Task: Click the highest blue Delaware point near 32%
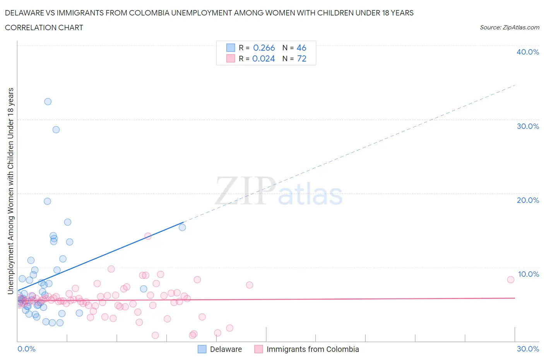48,102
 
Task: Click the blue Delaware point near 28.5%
56,130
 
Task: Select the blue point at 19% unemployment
48,201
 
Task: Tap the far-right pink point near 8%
511,279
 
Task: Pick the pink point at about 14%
148,236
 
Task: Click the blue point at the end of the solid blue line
182,227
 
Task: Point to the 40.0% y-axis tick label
528,52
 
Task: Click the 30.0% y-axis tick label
528,126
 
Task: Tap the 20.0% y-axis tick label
528,200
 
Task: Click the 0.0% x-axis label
26,349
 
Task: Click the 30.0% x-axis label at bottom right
528,349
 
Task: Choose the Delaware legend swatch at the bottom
202,349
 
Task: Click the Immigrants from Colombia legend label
313,349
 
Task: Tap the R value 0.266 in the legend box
264,48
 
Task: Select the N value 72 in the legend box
301,59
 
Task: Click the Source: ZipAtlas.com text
509,27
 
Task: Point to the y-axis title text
10,191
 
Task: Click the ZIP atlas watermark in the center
279,191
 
